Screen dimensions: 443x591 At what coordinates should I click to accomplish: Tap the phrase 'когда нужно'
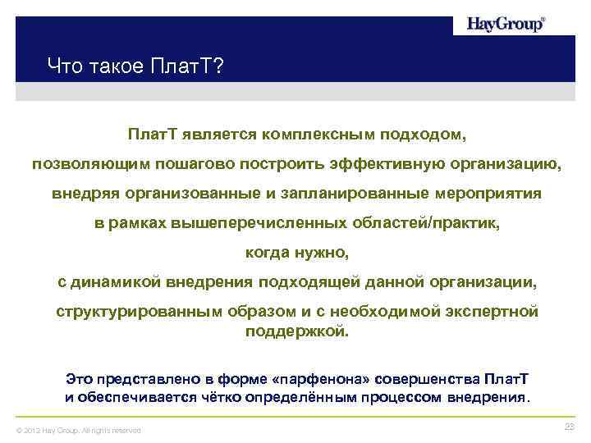coord(296,253)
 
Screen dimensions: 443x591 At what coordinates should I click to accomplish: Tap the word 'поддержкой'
coord(296,332)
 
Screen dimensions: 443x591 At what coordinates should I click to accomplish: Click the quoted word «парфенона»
coord(323,379)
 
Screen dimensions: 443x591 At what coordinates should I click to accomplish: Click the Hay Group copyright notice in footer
coord(74,430)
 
